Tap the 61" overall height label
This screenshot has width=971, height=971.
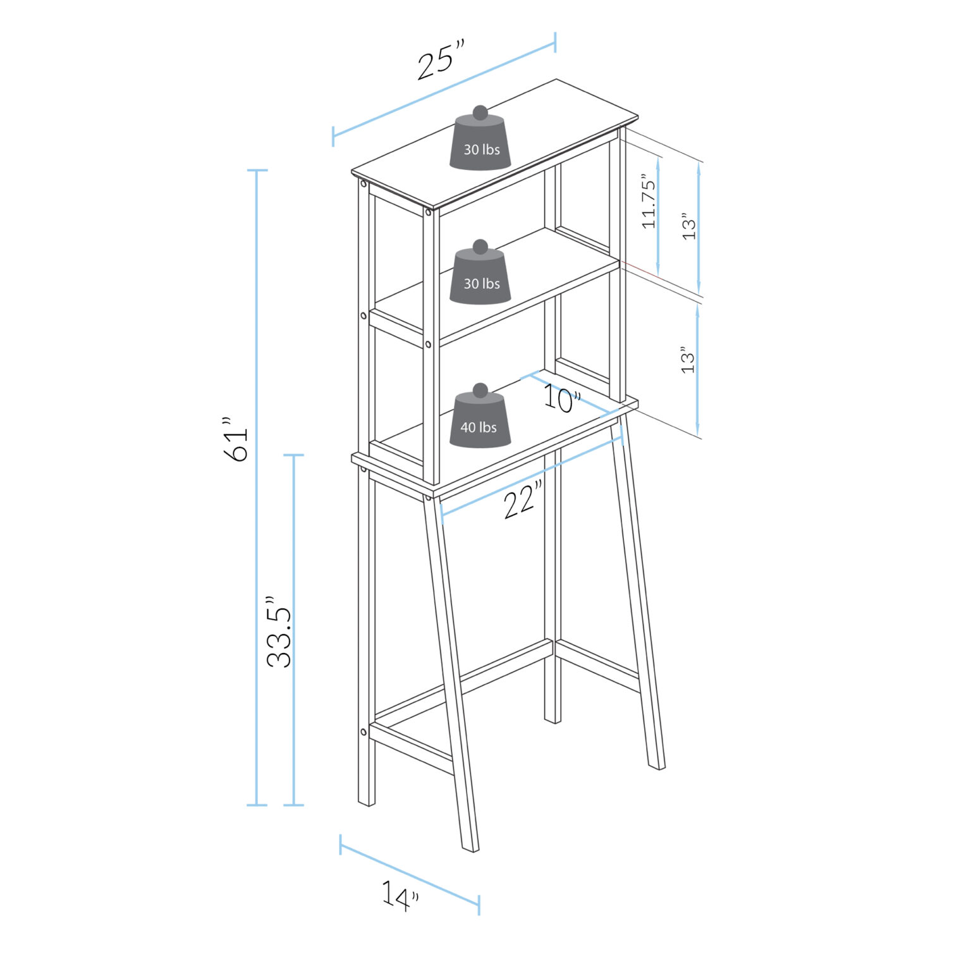[236, 439]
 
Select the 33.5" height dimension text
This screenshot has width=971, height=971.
[279, 632]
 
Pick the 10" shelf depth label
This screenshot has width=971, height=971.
[562, 399]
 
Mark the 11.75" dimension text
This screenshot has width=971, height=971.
[649, 200]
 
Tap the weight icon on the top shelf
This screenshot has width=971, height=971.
[480, 144]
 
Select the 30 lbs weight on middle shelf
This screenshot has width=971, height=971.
[480, 278]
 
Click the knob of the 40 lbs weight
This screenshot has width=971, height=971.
[480, 390]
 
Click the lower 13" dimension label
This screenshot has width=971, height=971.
[688, 360]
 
